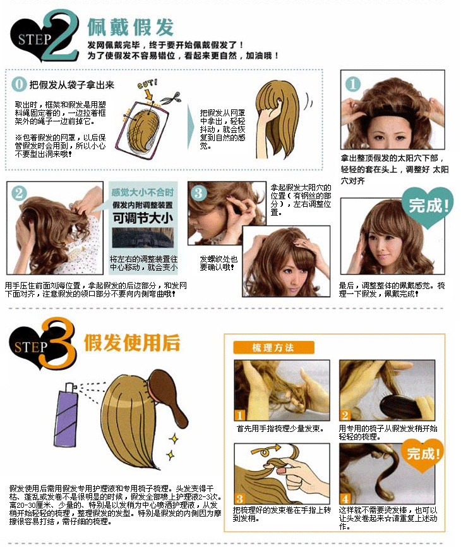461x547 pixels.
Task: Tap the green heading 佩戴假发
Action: (x=130, y=27)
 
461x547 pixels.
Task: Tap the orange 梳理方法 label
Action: (x=273, y=347)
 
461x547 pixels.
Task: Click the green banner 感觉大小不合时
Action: (x=143, y=192)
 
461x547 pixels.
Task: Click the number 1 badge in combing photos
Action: (x=240, y=415)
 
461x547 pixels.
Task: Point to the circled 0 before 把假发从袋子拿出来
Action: (x=20, y=85)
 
